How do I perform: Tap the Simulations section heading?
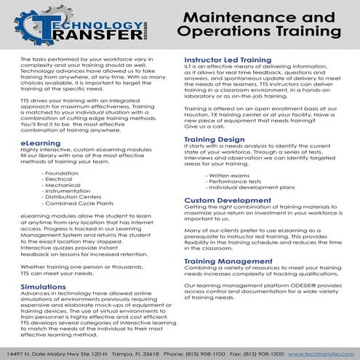point(44,287)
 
